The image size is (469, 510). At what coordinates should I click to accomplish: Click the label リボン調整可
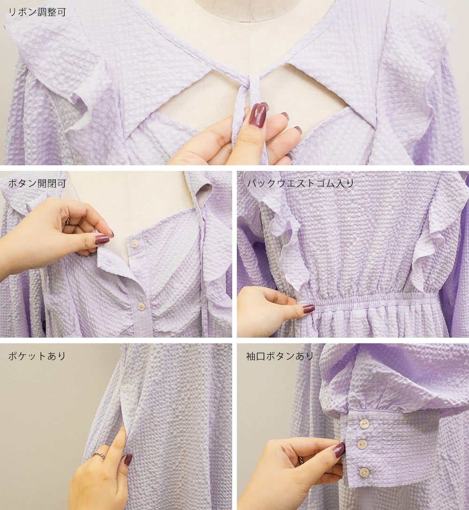click(37, 12)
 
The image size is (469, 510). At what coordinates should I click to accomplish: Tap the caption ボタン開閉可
click(37, 184)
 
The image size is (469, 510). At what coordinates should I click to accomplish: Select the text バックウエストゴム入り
click(301, 184)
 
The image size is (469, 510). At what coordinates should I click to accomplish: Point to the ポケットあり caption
click(37, 356)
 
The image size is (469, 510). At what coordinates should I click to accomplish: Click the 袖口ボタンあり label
click(280, 356)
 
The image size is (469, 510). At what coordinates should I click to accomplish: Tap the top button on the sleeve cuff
click(364, 423)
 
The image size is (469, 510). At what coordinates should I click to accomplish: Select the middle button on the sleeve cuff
click(362, 444)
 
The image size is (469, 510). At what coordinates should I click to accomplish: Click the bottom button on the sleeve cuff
click(364, 472)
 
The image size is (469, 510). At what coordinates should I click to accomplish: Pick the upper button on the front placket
click(134, 244)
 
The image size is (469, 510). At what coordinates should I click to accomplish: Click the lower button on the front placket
click(141, 306)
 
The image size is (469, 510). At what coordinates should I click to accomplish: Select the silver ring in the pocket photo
click(98, 455)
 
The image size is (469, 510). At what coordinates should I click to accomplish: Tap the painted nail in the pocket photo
click(128, 459)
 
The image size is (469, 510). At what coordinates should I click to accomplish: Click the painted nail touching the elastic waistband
click(309, 309)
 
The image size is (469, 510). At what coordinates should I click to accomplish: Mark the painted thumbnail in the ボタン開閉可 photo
click(102, 240)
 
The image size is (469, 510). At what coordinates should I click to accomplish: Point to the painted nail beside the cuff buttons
click(339, 449)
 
